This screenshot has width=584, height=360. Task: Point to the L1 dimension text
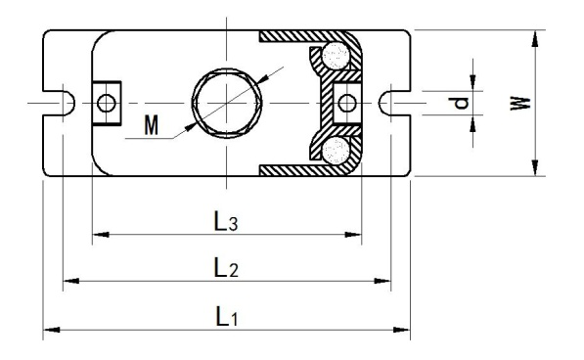click(226, 315)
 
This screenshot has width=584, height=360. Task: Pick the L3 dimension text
click(226, 221)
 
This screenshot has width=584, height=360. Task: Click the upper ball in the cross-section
click(339, 56)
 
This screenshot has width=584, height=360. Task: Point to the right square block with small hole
click(346, 101)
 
